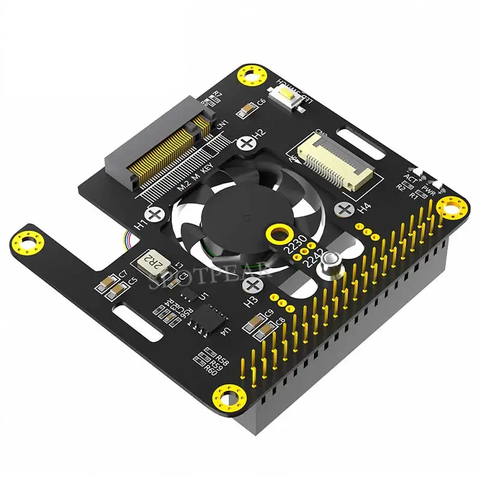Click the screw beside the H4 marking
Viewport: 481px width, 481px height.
345,209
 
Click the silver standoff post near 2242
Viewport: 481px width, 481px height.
329,264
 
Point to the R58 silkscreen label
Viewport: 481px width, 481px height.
222,361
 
